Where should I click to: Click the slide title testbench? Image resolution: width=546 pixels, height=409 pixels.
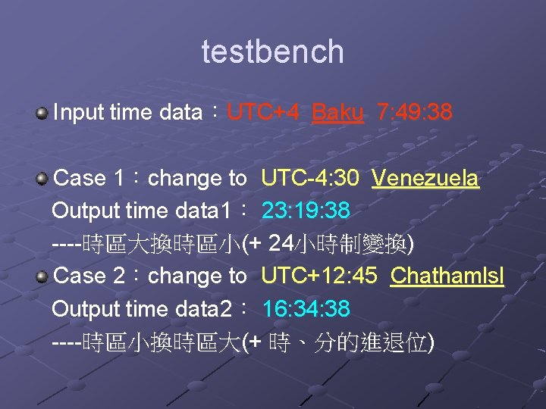tap(272, 52)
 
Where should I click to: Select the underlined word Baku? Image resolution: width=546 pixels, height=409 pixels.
tap(337, 113)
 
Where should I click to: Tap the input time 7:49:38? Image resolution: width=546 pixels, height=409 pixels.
tap(414, 113)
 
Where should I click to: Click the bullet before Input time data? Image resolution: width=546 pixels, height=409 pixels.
tap(42, 114)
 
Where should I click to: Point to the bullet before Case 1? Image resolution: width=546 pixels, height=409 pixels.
tap(42, 179)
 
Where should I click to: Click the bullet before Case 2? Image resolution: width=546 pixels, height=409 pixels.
tap(42, 276)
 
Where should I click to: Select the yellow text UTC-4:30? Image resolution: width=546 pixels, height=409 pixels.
tap(310, 179)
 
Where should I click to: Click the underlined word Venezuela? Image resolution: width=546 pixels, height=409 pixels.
tap(425, 179)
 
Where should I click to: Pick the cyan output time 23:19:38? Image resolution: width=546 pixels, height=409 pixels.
tap(306, 211)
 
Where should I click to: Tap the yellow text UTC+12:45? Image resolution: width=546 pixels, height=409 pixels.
tap(318, 276)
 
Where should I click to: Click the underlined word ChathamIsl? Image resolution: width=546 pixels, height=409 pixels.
tap(447, 276)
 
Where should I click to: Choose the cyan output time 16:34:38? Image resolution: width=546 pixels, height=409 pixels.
tap(306, 308)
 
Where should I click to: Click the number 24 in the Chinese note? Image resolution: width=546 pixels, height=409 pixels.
tap(281, 243)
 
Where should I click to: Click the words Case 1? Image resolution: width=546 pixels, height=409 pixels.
tap(90, 179)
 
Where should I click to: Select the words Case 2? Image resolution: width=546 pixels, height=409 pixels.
tap(90, 276)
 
